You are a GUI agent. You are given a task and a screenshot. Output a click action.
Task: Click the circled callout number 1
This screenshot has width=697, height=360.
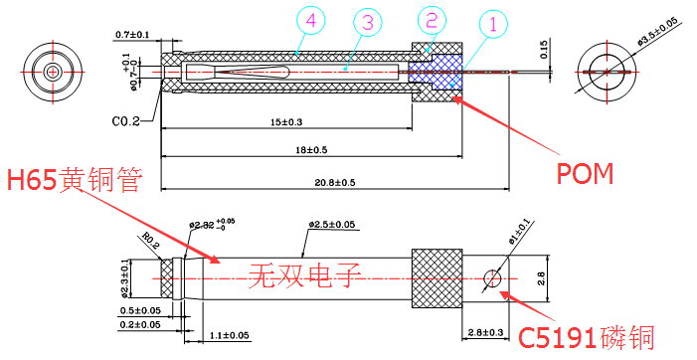492,22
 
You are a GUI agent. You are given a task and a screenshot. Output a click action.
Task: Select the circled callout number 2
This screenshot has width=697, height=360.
431,19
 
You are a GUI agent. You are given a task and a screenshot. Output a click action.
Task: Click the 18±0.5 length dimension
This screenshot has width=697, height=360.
310,150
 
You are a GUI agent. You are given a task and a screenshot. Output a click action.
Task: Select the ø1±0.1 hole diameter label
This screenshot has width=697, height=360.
520,235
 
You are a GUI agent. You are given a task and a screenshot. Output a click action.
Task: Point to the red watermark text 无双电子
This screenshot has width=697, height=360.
303,272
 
